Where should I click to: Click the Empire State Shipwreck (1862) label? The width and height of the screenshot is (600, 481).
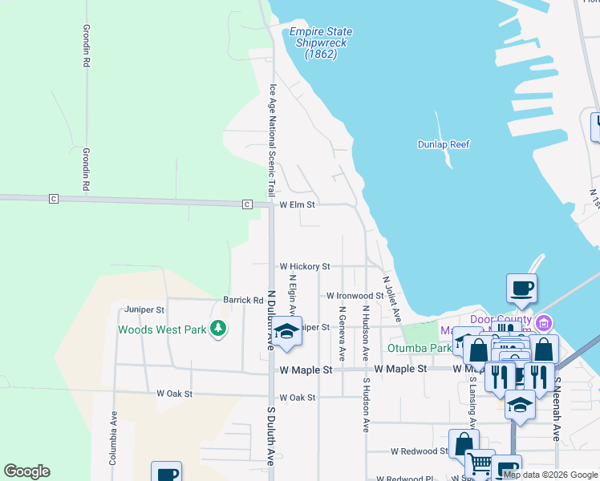click(x=320, y=43)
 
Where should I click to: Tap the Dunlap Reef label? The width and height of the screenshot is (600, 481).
click(x=444, y=144)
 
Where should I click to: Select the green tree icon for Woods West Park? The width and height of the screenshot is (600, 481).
click(x=217, y=329)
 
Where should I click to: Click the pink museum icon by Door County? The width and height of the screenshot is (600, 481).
click(x=545, y=323)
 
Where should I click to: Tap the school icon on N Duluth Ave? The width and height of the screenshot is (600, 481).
click(x=286, y=331)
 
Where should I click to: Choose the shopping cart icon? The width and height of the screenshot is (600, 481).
click(x=480, y=463)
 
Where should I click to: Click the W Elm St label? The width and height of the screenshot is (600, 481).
click(x=298, y=205)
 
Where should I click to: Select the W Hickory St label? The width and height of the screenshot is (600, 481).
click(x=304, y=266)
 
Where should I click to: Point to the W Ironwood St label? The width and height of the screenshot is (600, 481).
click(x=355, y=296)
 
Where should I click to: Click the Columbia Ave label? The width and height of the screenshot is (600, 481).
click(x=114, y=438)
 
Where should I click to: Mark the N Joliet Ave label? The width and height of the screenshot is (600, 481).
click(x=392, y=301)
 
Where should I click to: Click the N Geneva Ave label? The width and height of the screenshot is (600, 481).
click(x=342, y=333)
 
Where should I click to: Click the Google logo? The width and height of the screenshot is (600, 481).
click(x=26, y=471)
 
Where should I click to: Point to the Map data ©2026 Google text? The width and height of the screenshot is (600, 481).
click(x=550, y=475)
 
